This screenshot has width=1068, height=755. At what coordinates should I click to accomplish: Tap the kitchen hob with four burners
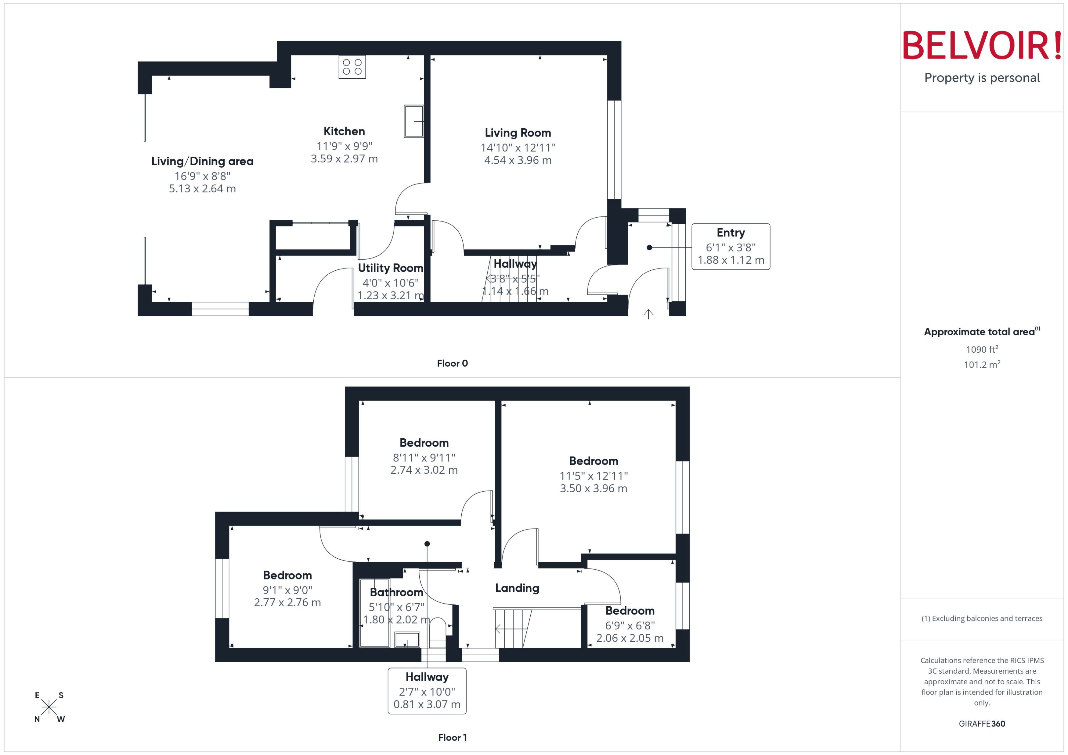(352, 66)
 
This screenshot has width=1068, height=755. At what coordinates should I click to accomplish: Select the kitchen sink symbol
(413, 121)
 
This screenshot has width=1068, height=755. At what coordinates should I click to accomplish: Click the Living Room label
(518, 133)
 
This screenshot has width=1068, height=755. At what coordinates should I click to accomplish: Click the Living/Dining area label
(202, 161)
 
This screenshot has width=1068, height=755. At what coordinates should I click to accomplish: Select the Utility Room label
(390, 268)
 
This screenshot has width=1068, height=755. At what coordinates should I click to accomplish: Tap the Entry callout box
(730, 246)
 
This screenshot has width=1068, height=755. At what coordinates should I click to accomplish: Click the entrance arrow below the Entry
(648, 314)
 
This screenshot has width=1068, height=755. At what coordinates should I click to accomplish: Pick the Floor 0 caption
(452, 364)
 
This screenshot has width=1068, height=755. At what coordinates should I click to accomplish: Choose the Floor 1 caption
(452, 737)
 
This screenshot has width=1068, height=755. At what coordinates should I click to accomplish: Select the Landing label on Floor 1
(517, 588)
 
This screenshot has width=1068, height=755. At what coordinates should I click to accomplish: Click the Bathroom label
(396, 592)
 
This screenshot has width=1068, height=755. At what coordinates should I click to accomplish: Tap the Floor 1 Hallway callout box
(427, 691)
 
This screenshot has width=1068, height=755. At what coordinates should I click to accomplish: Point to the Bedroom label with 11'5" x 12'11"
(593, 461)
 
